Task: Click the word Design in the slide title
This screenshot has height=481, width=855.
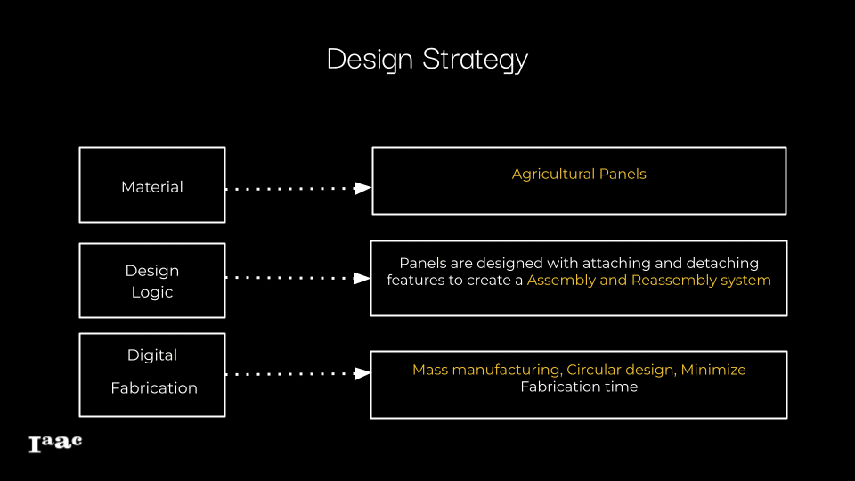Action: point(370,60)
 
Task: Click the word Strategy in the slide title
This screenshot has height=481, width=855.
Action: point(475,60)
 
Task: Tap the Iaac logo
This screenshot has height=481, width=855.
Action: point(55,444)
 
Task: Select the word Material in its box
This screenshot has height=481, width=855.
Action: point(152,187)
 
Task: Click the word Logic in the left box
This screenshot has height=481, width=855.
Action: point(152,293)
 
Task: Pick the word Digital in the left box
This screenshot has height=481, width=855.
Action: point(152,355)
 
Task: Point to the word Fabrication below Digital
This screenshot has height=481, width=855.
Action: point(154,387)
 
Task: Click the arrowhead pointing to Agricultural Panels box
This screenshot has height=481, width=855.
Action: point(362,189)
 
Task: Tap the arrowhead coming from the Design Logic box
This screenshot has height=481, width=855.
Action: point(362,278)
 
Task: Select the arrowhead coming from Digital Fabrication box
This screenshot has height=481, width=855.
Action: point(362,373)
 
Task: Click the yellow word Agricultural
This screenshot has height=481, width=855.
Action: point(553,175)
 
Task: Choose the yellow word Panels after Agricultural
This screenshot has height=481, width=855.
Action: point(623,174)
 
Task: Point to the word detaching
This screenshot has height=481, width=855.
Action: point(722,264)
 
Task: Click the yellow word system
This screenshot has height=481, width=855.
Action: point(746,281)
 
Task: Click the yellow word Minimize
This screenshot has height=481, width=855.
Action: point(713,370)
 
